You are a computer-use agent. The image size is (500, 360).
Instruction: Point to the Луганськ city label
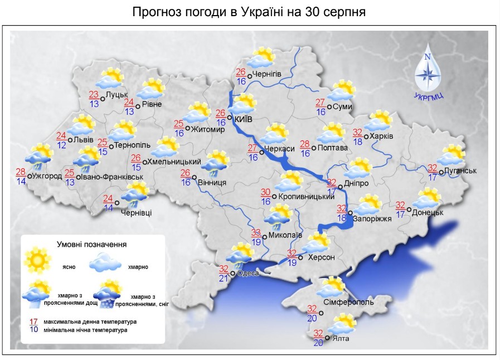pyautogui.click(x=460, y=171)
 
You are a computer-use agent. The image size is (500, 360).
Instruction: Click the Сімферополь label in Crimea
pyautogui.click(x=348, y=302)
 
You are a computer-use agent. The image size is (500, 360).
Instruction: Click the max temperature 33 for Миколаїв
pyautogui.click(x=256, y=232)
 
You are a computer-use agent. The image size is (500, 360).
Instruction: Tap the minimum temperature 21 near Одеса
pyautogui.click(x=224, y=278)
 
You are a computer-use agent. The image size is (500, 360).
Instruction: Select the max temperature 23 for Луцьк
pyautogui.click(x=94, y=94)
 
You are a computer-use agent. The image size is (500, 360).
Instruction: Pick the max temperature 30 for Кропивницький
pyautogui.click(x=266, y=192)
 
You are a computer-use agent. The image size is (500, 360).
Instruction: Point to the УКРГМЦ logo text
pyautogui.click(x=429, y=96)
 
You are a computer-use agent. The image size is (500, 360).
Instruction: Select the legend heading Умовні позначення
pyautogui.click(x=91, y=244)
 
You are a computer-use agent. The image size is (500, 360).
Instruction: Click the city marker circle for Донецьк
pyautogui.click(x=409, y=210)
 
